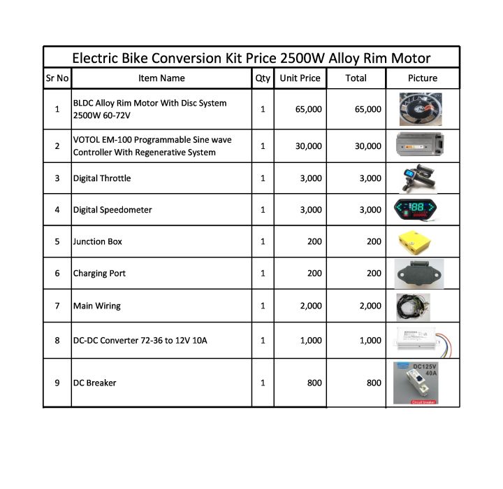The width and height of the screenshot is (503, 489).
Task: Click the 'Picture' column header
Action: coord(422,78)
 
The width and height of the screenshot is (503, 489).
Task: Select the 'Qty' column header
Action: coord(263,78)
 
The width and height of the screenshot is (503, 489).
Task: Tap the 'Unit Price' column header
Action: coord(300,78)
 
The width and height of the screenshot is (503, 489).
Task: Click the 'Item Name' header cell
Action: coord(161,78)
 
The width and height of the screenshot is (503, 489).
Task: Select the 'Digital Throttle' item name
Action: coord(102,178)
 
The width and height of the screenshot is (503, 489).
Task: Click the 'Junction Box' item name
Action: coord(98,241)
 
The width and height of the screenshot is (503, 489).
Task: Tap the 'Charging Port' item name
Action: coord(100,274)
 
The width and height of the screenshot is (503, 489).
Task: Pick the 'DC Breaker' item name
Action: coord(95,383)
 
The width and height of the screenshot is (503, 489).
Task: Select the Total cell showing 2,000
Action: coord(370,306)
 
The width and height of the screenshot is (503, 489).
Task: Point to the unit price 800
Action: coord(314,383)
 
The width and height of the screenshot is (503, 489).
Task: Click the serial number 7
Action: coord(57,306)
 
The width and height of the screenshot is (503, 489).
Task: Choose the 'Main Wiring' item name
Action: coord(97,306)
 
